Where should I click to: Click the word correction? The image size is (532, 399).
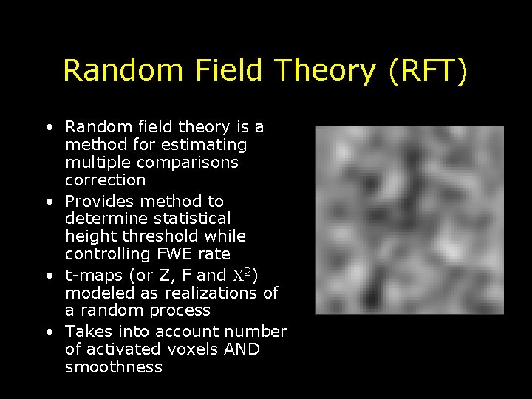pos(106,180)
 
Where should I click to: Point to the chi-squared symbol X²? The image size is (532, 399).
pos(243,274)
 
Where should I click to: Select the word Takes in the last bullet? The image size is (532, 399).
pos(87,332)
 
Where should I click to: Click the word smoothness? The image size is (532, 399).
pos(113,367)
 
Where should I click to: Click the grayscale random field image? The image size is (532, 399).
pos(409,219)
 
